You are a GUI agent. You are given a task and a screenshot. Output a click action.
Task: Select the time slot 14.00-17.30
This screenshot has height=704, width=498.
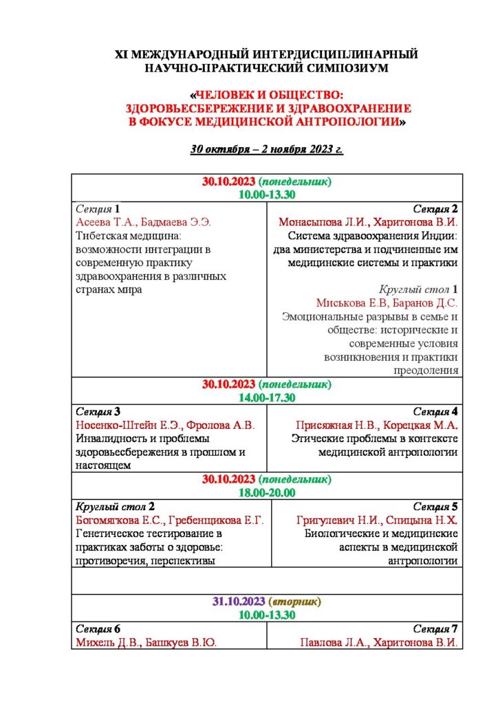coord(267,398)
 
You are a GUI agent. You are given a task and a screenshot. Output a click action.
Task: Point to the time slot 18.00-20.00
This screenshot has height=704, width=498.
coord(267,492)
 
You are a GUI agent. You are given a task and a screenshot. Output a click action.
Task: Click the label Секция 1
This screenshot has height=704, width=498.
coord(98,208)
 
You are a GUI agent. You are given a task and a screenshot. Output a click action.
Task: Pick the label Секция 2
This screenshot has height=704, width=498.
coord(435,208)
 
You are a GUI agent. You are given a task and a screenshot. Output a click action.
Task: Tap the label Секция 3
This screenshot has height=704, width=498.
coord(98,412)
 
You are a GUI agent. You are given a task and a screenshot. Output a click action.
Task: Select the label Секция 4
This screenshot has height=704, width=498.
coord(435,412)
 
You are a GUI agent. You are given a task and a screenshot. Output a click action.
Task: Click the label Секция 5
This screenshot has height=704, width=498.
coord(435,507)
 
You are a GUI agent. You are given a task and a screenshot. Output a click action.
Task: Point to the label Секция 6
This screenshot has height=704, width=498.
coord(98,629)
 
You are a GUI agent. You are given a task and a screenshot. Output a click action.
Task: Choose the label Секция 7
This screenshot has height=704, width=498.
coord(435,629)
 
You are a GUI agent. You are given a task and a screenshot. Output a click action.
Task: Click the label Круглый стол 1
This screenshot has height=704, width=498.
coord(418,289)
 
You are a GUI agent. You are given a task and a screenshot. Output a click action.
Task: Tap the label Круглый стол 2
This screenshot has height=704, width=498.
coord(115,507)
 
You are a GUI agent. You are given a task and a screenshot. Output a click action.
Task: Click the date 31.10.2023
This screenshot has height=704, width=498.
coord(239,602)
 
